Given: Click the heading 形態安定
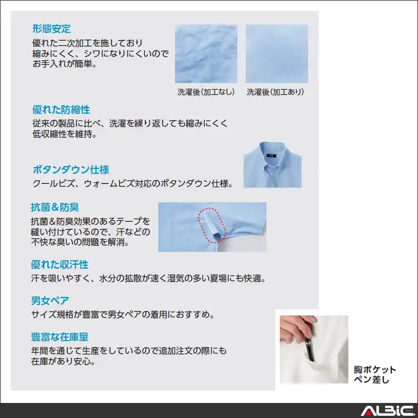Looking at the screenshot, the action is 51,29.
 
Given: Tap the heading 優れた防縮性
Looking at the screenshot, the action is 61,110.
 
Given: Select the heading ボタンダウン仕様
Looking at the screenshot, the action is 71,169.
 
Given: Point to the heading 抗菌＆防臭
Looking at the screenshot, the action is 55,207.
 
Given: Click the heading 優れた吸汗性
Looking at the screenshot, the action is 60,264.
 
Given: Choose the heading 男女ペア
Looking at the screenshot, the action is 50,300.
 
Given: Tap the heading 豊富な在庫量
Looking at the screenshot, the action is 60,337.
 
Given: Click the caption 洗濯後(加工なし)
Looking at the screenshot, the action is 206,92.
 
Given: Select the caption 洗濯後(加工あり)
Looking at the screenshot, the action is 275,92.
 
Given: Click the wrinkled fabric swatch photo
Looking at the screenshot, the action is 206,54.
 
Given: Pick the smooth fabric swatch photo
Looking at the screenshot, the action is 277,54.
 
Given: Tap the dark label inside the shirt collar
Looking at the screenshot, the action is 271,155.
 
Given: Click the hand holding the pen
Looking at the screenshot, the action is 296,327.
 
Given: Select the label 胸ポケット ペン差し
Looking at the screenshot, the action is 375,375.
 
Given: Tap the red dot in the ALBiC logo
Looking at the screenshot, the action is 368,413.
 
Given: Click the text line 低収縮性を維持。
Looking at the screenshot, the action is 65,134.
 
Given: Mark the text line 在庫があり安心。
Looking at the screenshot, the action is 63,361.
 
